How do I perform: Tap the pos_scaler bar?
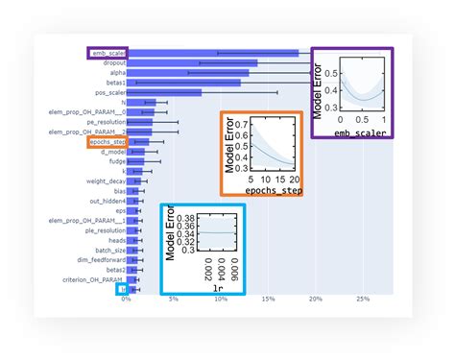click(163, 92)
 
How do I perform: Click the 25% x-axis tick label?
click(362, 299)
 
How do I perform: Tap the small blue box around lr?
click(122, 288)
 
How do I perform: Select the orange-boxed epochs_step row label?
click(107, 142)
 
